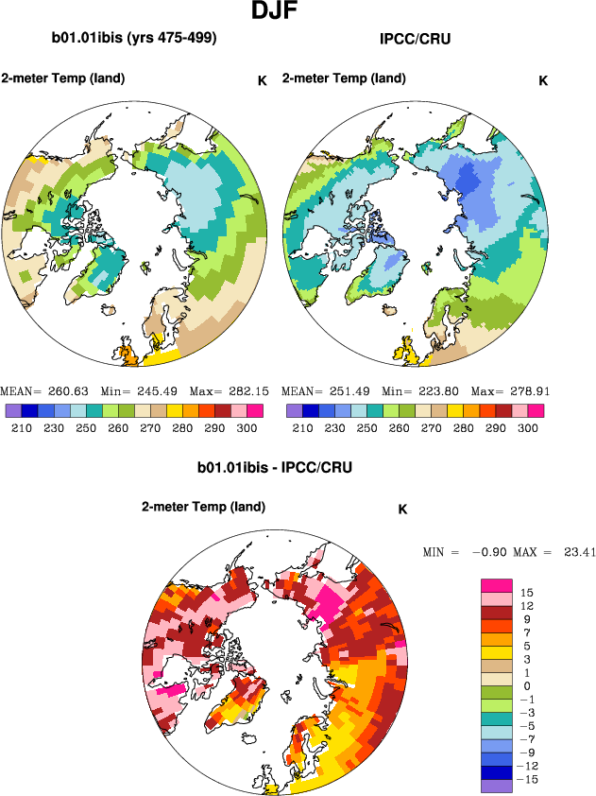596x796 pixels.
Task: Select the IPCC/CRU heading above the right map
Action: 416,40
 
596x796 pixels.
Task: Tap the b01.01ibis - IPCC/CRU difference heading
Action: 269,468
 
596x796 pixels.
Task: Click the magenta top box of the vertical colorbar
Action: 497,586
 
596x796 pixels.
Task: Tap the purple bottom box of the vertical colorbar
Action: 497,783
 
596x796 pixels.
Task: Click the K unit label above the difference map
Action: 402,509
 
